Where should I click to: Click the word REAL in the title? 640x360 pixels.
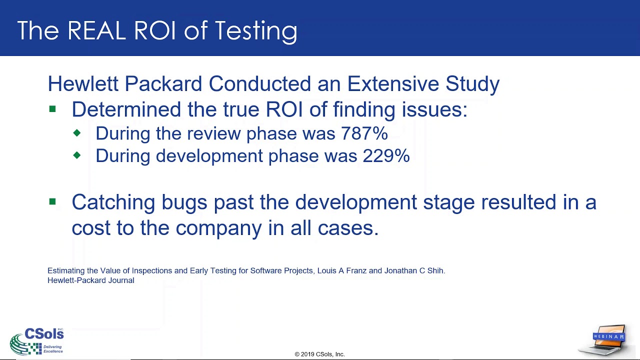pyautogui.click(x=96, y=31)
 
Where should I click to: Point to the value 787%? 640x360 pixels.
pyautogui.click(x=364, y=133)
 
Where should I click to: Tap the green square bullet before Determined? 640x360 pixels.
pyautogui.click(x=52, y=109)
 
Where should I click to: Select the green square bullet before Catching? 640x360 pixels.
pyautogui.click(x=52, y=202)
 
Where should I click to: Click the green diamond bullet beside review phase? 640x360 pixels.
pyautogui.click(x=76, y=133)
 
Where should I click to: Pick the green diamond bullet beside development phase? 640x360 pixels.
pyautogui.click(x=76, y=155)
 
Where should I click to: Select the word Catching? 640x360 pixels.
pyautogui.click(x=113, y=203)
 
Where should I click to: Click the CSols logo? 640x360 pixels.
pyautogui.click(x=37, y=341)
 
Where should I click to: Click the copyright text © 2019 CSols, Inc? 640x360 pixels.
pyautogui.click(x=319, y=354)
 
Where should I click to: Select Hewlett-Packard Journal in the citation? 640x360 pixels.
pyautogui.click(x=90, y=280)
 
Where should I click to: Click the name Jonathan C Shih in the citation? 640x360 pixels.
pyautogui.click(x=414, y=270)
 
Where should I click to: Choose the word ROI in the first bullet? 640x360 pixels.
pyautogui.click(x=285, y=109)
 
